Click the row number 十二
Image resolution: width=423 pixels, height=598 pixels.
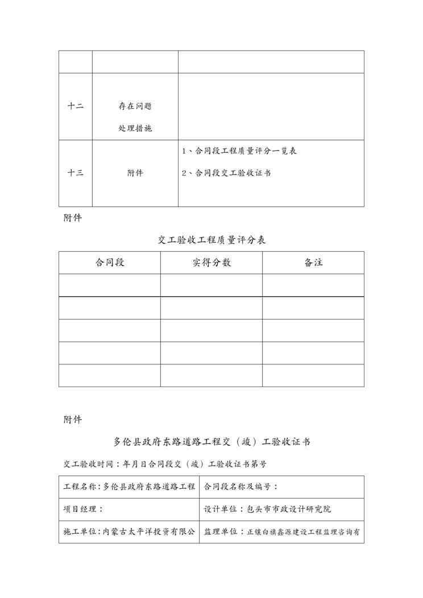[76, 106]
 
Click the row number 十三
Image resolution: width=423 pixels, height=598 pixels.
[76, 173]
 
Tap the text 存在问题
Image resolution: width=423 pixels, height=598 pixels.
[135, 106]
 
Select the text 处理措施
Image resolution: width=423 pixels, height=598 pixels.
[135, 128]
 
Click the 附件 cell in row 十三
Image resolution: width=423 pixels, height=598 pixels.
[135, 173]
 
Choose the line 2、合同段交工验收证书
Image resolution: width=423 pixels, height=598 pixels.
[226, 173]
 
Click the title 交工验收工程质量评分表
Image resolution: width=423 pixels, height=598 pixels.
[212, 240]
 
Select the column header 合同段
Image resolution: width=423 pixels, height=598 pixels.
[110, 263]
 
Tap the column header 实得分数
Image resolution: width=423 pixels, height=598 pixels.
[212, 263]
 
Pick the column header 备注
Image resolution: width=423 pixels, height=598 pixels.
[313, 263]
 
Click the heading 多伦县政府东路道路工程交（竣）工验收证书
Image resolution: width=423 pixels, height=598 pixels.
[212, 442]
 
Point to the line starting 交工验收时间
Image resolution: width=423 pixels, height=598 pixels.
[165, 464]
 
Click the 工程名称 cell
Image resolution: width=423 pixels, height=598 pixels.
[129, 487]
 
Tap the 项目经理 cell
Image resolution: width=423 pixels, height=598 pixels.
[83, 509]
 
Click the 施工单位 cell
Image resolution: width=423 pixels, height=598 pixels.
[129, 532]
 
